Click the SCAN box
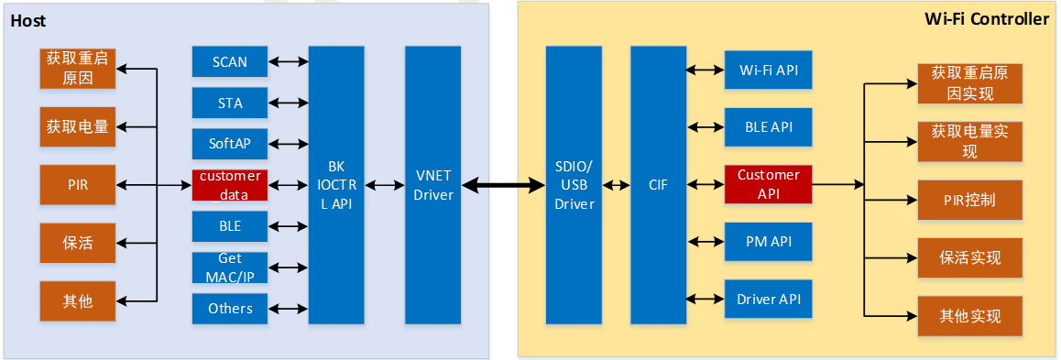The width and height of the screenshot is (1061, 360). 230,62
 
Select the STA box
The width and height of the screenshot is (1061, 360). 230,104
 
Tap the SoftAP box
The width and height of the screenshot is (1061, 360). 230,144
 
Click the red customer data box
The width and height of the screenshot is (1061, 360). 230,185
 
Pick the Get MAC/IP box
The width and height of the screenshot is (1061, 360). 230,267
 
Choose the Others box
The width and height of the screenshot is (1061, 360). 230,309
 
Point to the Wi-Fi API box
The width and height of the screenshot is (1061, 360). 768,71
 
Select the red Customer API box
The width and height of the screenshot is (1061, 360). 768,184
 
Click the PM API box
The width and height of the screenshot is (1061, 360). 768,242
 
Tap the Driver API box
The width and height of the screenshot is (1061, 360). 768,299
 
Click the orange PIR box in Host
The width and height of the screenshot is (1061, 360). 78,185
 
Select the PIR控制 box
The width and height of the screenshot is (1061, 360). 969,200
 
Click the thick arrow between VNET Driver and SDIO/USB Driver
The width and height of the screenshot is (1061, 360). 503,186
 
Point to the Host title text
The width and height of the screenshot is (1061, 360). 28,21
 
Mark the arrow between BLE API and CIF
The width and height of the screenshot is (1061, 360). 706,127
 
